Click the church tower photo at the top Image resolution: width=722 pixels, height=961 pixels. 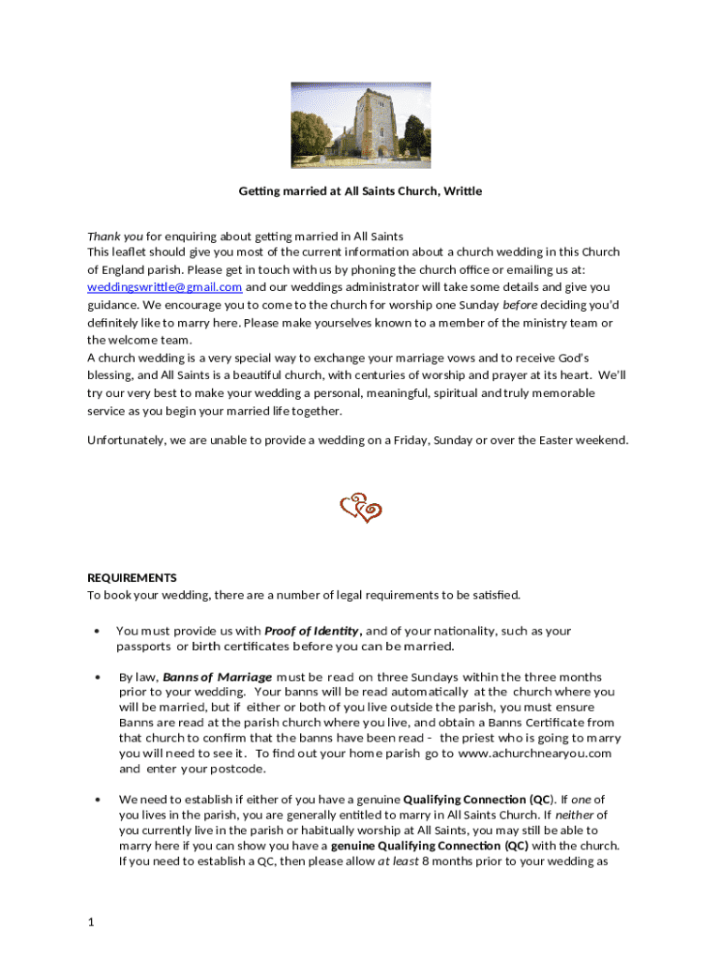360,125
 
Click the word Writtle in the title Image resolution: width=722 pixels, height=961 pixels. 462,191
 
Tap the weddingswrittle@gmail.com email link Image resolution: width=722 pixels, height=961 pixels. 165,287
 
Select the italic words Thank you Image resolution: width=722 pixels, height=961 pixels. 115,236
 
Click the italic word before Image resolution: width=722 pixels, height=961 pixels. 520,305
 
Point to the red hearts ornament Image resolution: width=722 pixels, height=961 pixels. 360,509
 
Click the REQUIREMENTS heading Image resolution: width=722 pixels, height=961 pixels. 132,578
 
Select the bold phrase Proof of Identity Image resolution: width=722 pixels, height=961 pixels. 312,631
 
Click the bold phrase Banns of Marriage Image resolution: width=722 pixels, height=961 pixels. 218,677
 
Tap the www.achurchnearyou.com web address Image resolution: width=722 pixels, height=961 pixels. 535,754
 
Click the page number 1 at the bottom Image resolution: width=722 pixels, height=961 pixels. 91,923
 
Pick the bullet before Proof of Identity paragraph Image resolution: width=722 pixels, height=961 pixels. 98,632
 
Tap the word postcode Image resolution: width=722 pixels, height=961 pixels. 238,769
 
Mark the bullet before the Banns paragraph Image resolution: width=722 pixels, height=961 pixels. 98,678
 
